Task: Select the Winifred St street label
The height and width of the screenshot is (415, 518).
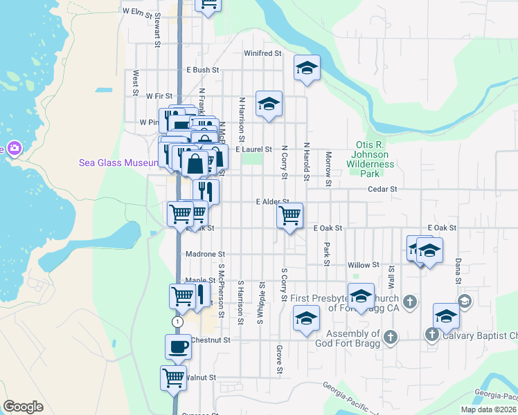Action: click(x=263, y=53)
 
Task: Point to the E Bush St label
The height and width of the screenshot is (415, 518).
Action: click(x=202, y=71)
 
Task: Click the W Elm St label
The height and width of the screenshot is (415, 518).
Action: click(x=136, y=12)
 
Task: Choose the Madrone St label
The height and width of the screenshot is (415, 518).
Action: click(x=206, y=255)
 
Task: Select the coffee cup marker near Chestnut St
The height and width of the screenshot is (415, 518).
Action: click(x=178, y=346)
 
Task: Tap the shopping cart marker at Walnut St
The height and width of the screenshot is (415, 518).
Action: click(x=173, y=378)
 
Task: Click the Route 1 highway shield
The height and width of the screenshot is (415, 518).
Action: click(x=178, y=322)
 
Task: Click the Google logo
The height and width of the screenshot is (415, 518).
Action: click(x=23, y=407)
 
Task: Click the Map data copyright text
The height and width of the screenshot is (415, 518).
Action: click(x=488, y=409)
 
